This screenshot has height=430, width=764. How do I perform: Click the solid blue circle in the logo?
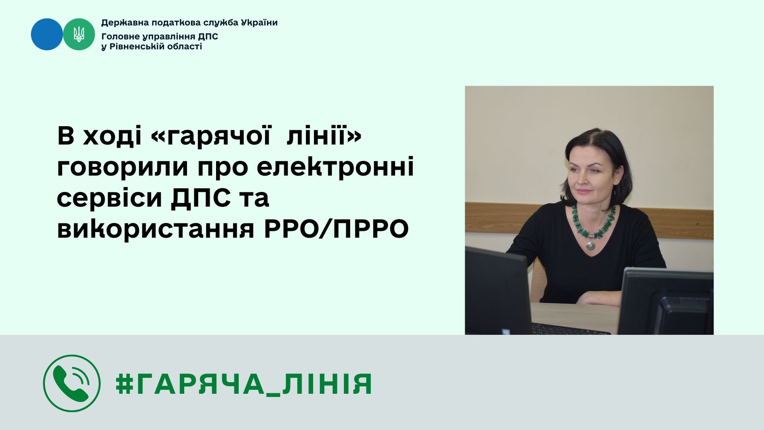[x=47, y=34]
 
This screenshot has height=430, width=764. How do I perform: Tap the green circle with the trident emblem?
[x=79, y=34]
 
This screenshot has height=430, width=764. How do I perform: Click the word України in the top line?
[x=259, y=23]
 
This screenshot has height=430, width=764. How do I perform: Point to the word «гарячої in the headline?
[x=212, y=137]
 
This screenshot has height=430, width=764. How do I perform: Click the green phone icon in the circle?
[x=72, y=383]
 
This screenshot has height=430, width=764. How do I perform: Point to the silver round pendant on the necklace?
[x=591, y=244]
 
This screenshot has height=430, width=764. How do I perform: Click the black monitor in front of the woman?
[x=499, y=291]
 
